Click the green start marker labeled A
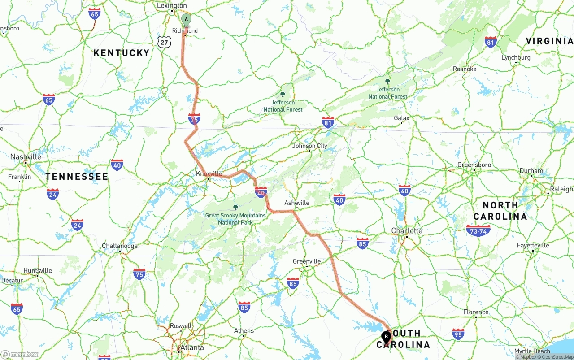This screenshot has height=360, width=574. [x=186, y=19]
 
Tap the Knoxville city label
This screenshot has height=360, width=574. [x=209, y=173]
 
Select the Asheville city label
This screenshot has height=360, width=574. [x=297, y=203]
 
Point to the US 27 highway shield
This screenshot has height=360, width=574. [x=165, y=42]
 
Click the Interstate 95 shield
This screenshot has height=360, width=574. [x=458, y=334]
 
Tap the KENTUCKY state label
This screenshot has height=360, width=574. [x=121, y=53]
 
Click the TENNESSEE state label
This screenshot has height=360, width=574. [x=77, y=177]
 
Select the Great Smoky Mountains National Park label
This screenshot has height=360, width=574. [x=235, y=218]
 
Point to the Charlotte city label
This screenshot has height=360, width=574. [x=407, y=230]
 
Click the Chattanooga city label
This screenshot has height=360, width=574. [x=120, y=246]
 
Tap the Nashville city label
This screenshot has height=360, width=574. [x=26, y=157]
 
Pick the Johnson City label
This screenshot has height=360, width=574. [x=309, y=146]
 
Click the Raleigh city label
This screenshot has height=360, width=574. [x=561, y=189]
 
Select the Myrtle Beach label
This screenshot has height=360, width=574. [x=531, y=351]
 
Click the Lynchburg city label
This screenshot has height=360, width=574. [x=516, y=57]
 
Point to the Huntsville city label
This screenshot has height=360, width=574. [x=38, y=270]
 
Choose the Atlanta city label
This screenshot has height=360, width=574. [x=191, y=347]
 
